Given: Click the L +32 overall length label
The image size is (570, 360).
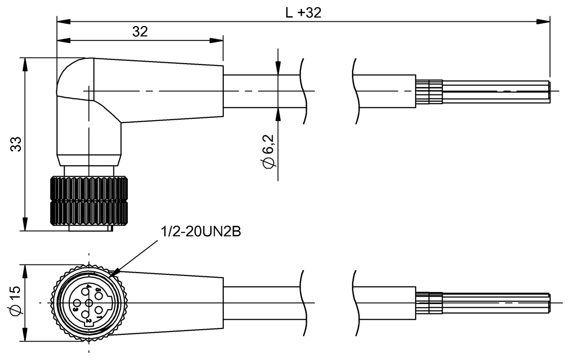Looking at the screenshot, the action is (x=303, y=12).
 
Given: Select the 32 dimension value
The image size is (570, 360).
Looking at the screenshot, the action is (x=140, y=31).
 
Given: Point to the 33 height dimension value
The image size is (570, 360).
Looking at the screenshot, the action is (x=16, y=144).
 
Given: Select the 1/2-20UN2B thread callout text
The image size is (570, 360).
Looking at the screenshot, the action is (x=201, y=232).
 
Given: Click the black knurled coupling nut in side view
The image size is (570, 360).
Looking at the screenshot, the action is (x=89, y=201).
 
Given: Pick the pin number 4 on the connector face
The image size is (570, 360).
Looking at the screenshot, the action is (x=88, y=287).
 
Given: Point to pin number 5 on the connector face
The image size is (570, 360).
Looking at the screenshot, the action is (x=97, y=290).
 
